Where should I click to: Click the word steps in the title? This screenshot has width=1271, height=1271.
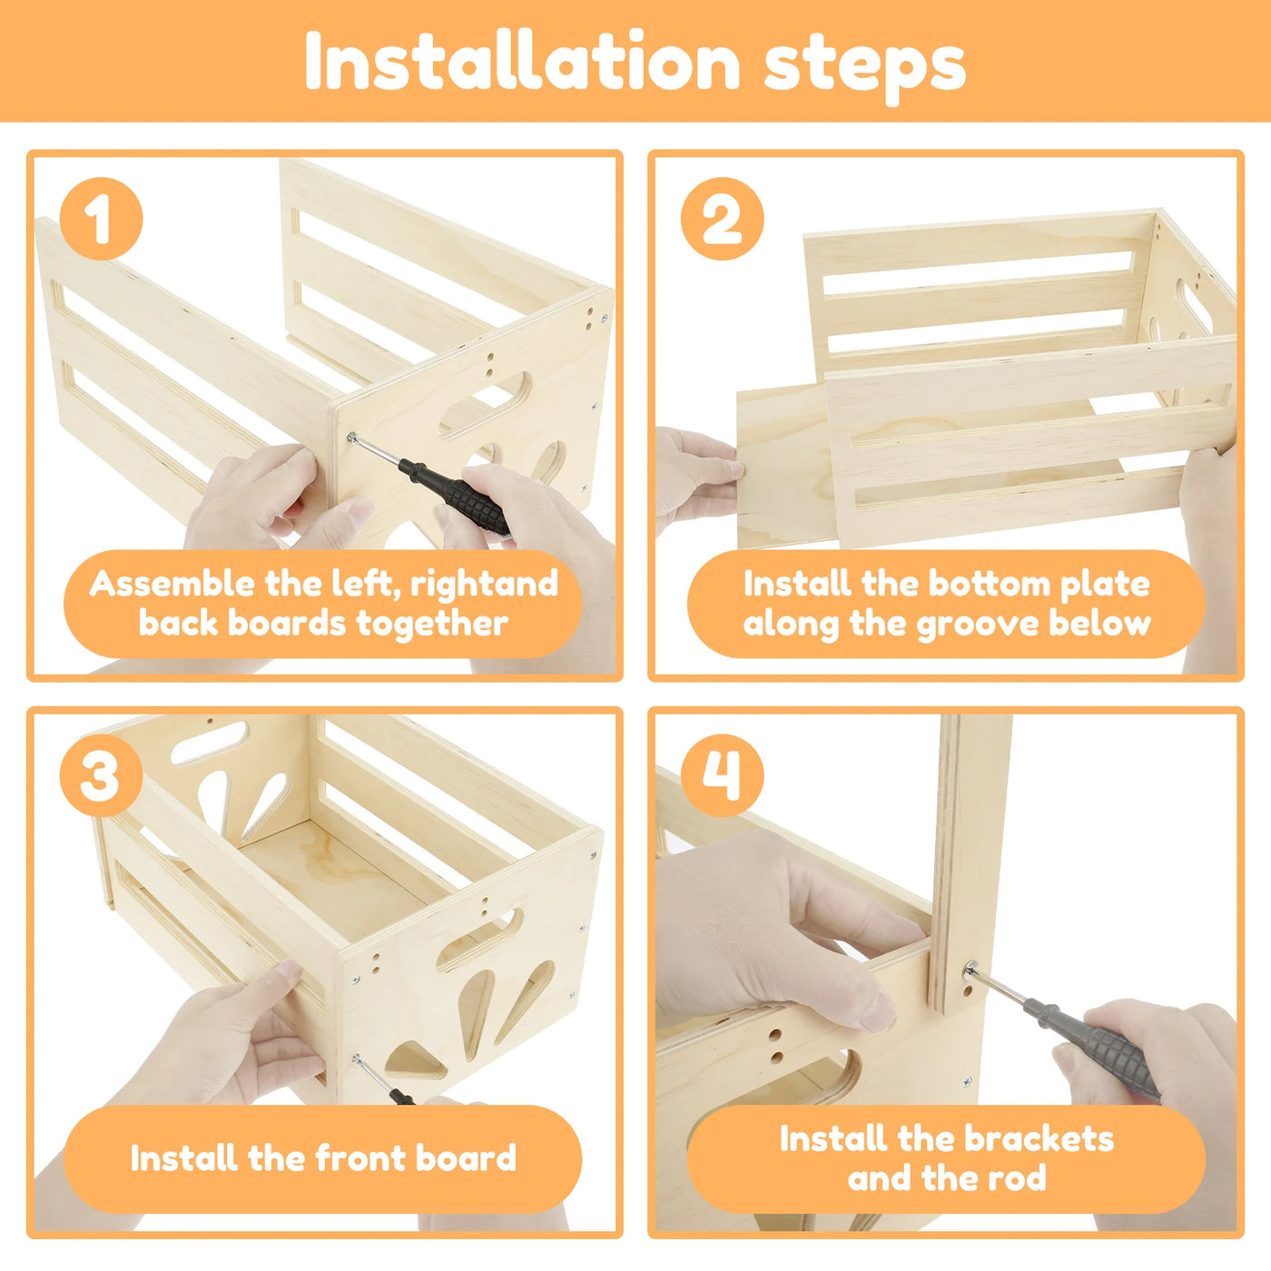point(865,67)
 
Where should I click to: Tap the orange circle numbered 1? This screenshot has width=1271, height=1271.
point(101,218)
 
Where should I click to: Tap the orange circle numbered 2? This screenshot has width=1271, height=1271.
point(723,218)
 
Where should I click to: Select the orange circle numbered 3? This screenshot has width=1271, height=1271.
point(101,775)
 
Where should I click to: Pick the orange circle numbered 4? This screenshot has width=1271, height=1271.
point(723,775)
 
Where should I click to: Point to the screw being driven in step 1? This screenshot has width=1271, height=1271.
point(352,437)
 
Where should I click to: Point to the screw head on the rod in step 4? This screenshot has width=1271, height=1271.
point(970,969)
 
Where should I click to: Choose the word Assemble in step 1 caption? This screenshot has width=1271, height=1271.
point(172,584)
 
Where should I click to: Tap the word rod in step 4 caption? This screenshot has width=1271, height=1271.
point(1020,1178)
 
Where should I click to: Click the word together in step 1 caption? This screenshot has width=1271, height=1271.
point(432,624)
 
